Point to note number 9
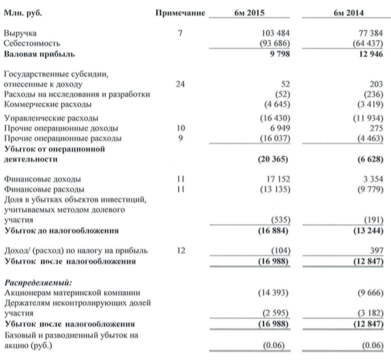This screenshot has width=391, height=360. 180,137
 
